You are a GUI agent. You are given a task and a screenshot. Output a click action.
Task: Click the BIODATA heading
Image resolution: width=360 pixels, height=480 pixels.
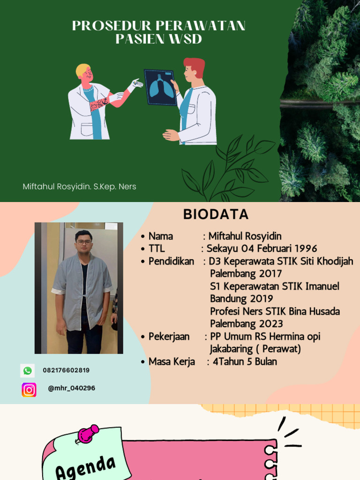point(216,214)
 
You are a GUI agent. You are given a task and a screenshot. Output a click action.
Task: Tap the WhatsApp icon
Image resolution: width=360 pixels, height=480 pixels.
point(28,371)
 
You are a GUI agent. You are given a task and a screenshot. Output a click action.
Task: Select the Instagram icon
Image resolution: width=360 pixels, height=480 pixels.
point(29,390)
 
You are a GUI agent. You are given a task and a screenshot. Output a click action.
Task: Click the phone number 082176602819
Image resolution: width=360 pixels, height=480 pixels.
point(66,370)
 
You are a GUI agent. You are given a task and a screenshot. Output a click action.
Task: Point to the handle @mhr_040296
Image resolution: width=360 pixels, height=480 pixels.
point(71,388)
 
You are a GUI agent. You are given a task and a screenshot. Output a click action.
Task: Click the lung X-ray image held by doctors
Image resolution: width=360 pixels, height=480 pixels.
point(161,87)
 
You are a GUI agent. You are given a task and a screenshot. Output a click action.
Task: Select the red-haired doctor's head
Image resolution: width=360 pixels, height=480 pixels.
point(193,69)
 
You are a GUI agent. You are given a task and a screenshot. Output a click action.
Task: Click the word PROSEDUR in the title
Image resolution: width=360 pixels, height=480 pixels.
point(112,26)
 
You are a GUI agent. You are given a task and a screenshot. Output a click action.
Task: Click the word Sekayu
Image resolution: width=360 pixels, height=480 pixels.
point(223,248)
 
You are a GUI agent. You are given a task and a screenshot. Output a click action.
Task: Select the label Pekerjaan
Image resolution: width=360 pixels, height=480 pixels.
point(169,337)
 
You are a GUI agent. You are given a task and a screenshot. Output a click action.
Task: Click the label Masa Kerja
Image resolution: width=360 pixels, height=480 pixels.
point(172,362)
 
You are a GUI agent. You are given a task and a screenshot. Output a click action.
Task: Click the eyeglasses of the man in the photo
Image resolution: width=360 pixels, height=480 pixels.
point(83,242)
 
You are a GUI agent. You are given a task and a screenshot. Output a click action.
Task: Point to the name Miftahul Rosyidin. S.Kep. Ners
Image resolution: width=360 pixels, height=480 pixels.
point(80,187)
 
